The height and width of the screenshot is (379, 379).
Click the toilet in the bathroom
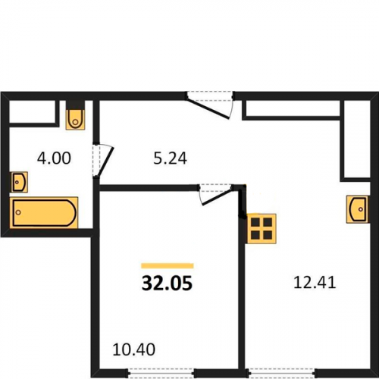[75, 119]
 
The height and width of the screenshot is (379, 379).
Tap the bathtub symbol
[44, 213]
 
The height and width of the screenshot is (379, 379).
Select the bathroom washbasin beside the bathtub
[19, 182]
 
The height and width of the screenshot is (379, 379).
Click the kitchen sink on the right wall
[357, 209]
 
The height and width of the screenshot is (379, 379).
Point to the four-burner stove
[262, 229]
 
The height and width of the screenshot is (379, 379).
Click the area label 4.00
[54, 158]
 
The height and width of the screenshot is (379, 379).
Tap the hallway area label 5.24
[170, 158]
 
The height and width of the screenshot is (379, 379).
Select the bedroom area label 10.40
[133, 349]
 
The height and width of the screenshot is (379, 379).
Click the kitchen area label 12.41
[315, 282]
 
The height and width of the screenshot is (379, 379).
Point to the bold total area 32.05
[168, 283]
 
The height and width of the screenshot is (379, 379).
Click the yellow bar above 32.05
[168, 265]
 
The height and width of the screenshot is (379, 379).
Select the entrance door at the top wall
[210, 105]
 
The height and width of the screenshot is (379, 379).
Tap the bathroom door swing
[103, 161]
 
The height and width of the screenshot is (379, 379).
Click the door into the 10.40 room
[216, 195]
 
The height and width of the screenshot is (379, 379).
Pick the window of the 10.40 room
[161, 372]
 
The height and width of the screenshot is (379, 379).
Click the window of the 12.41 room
[282, 372]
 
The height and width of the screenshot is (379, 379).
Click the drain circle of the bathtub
[18, 212]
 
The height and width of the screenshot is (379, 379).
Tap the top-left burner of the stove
[255, 222]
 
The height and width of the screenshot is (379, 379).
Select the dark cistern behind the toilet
[75, 105]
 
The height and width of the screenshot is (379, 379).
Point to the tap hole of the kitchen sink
[361, 209]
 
